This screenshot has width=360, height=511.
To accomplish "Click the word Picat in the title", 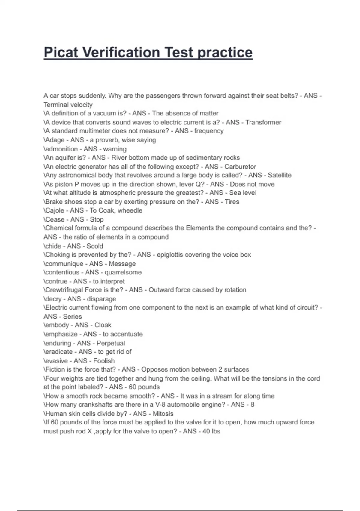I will tap(61, 53).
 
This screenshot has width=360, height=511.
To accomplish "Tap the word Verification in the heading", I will tap(121, 53).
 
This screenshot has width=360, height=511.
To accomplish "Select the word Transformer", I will tap(263, 122).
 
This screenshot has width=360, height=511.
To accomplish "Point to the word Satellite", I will tap(279, 175).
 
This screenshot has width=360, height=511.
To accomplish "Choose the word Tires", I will tap(232, 202).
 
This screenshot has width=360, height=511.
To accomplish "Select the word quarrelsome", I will tap(123, 272).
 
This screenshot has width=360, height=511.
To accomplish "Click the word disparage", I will tap(101, 299).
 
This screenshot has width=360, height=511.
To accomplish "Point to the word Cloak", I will tap(103, 325).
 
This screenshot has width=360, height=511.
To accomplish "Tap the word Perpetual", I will tap(111, 343).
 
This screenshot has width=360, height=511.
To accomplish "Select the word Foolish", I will tap(104, 361).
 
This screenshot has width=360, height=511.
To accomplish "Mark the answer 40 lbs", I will tap(211, 431).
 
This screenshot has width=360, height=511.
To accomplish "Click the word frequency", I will tap(209, 131).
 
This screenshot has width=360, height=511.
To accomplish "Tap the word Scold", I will tap(95, 246).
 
